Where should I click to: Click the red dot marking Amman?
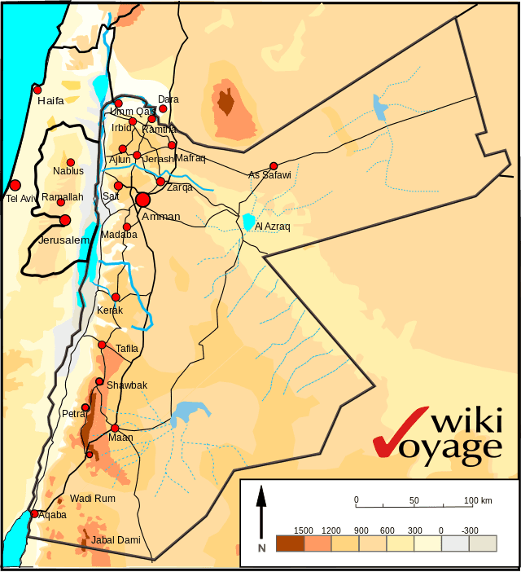pos(143,200)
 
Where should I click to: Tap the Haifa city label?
pos(50,101)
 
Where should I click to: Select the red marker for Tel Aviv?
pos(15,185)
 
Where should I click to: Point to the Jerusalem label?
pos(63,240)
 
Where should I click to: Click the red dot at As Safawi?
pos(274,165)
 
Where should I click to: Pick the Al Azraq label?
pos(272,227)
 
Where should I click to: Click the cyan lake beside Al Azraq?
pos(248,221)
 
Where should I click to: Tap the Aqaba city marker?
pos(34,514)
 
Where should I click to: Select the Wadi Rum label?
pos(93,498)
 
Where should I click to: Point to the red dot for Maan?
pos(115,428)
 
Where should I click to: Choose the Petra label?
pos(74,414)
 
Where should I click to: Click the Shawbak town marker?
pos(99,381)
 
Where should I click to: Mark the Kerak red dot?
pos(116,297)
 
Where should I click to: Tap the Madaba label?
pos(119,235)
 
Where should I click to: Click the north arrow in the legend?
pos(261,513)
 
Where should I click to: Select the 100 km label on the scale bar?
pos(479,499)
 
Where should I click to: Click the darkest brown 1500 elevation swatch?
pos(290,543)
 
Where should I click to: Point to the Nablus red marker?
pos(71,162)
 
